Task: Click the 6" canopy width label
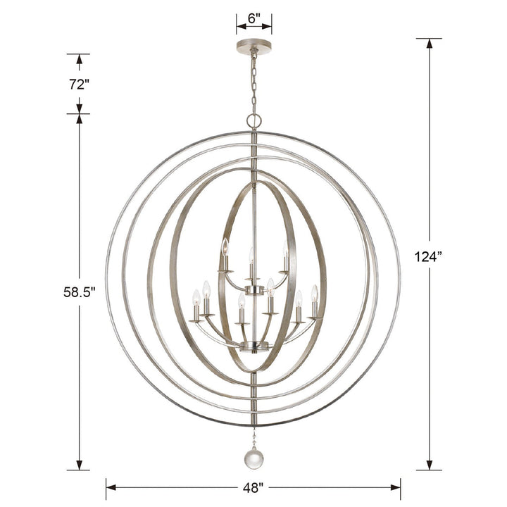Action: pyautogui.click(x=254, y=18)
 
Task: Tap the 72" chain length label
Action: pyautogui.click(x=79, y=84)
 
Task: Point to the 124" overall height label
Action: pyautogui.click(x=429, y=256)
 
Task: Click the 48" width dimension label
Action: pyautogui.click(x=253, y=487)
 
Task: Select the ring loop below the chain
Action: pyautogui.click(x=254, y=120)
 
